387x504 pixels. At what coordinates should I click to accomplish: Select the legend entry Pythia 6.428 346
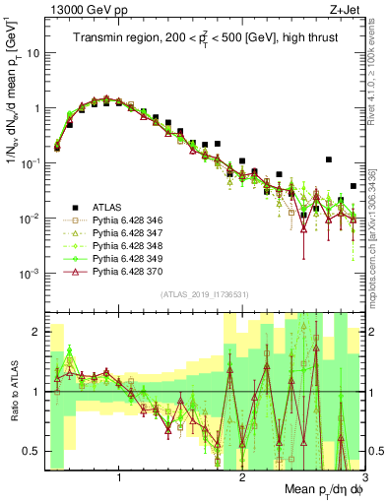coord(128,220)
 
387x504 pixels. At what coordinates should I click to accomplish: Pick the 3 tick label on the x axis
coord(364,476)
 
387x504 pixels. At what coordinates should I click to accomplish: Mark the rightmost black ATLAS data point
coord(354,186)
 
